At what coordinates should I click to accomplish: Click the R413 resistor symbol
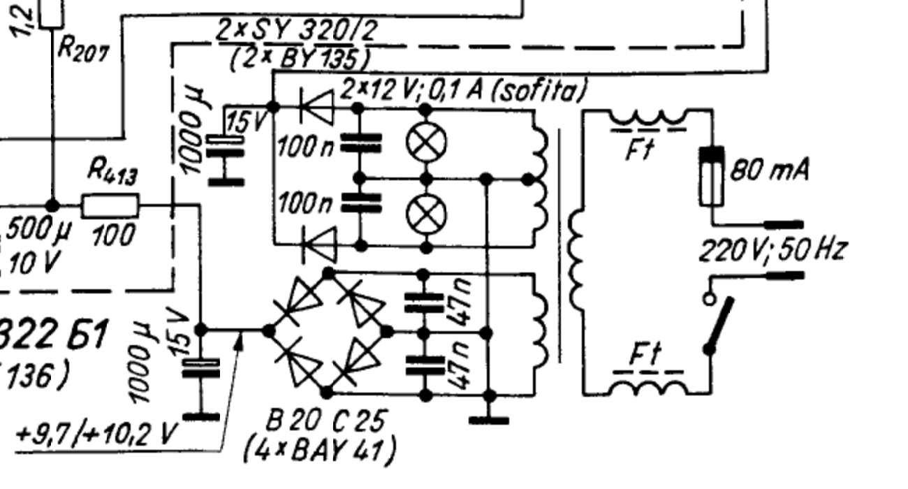(110, 206)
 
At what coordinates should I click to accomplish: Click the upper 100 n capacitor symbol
(359, 144)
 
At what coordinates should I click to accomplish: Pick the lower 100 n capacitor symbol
(359, 202)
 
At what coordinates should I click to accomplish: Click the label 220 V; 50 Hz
(772, 249)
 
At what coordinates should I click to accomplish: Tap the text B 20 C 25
(327, 421)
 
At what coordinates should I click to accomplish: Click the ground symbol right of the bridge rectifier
(489, 418)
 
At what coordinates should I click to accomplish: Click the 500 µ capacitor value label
(34, 229)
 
